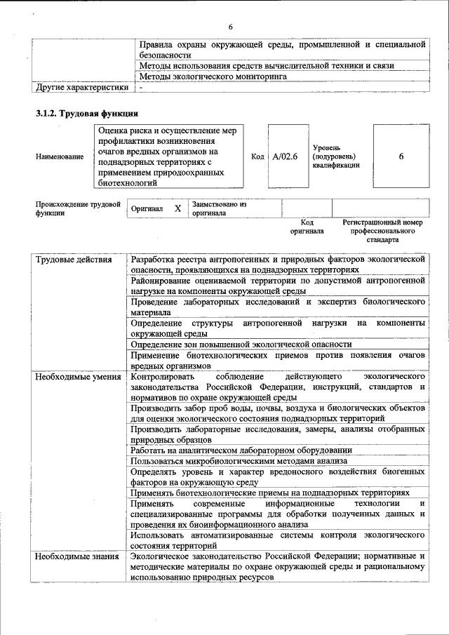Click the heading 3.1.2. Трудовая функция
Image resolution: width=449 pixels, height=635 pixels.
(x=87, y=112)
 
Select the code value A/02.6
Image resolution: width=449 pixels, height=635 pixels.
(x=286, y=156)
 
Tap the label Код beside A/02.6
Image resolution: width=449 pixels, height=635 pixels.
(x=257, y=156)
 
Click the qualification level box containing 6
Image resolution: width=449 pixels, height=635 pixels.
(x=401, y=156)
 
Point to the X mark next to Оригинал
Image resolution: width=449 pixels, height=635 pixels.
(x=177, y=208)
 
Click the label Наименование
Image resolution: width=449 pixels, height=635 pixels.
(x=59, y=156)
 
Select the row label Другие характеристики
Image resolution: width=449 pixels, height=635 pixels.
(x=82, y=88)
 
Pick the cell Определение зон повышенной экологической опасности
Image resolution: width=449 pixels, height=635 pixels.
(x=241, y=345)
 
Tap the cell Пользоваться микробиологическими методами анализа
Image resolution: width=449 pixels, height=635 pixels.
(x=239, y=461)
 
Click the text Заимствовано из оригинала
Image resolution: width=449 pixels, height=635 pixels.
(x=220, y=208)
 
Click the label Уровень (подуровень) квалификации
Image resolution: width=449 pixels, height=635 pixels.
(x=336, y=156)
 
